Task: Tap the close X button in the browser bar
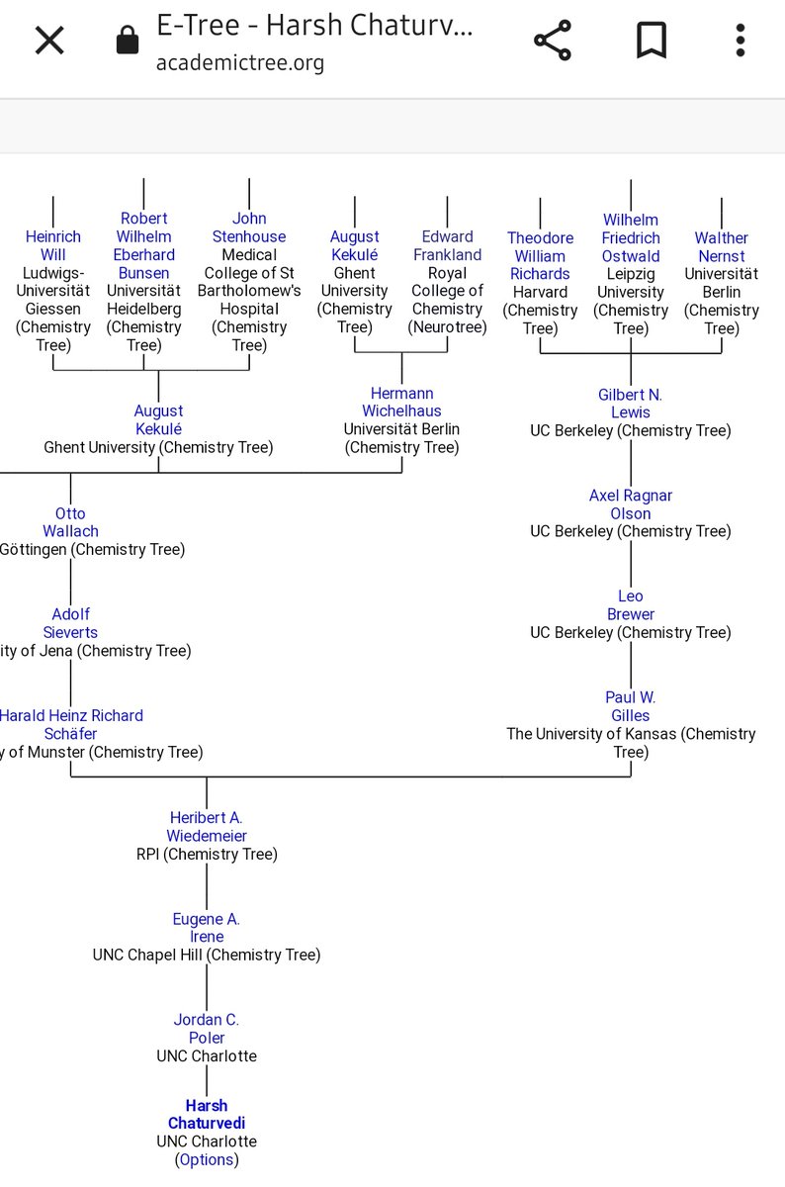click(49, 41)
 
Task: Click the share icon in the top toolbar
click(553, 41)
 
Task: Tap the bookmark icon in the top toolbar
click(651, 41)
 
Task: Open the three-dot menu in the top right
click(740, 41)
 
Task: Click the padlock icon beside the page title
click(127, 41)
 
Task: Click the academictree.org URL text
click(239, 63)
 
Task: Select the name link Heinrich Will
click(53, 245)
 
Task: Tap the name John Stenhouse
click(249, 228)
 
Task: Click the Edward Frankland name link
click(447, 245)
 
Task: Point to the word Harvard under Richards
click(540, 292)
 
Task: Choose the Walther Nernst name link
click(721, 246)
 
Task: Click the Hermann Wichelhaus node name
click(401, 402)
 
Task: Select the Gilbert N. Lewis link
click(630, 403)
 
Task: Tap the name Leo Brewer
click(630, 604)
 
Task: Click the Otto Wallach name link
click(70, 522)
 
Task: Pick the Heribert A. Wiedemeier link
click(206, 826)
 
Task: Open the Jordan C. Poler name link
click(206, 1028)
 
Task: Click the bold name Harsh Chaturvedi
click(206, 1114)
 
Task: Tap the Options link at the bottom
click(207, 1159)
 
